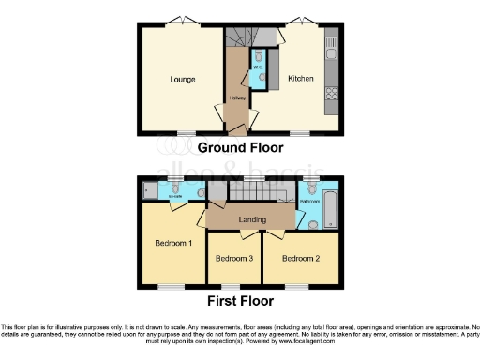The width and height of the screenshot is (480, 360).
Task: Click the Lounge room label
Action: click(183, 80)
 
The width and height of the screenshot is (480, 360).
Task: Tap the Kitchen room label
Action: click(300, 79)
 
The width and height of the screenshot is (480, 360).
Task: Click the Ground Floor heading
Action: click(241, 147)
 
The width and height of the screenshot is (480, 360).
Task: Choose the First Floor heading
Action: click(242, 301)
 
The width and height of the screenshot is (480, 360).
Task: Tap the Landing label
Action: click(249, 220)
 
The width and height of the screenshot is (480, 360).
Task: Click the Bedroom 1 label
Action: click(173, 243)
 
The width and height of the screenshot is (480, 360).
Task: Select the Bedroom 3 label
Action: click(234, 258)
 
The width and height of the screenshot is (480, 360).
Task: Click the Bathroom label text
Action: click(311, 200)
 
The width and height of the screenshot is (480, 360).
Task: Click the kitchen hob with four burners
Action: click(331, 91)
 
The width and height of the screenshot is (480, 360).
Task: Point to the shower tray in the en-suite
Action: click(151, 191)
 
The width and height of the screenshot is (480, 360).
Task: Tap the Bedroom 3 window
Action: click(233, 283)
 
